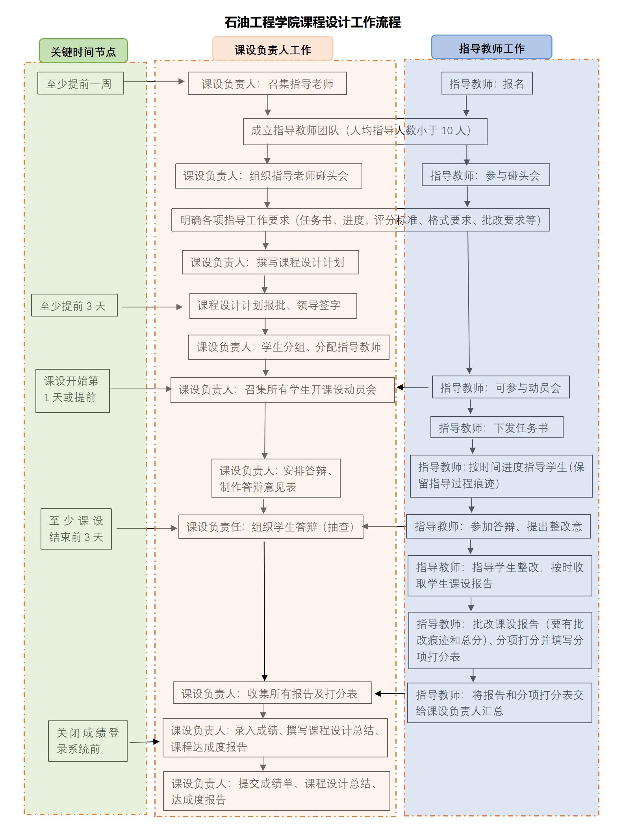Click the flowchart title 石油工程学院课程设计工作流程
(x=313, y=22)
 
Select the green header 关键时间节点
(x=83, y=51)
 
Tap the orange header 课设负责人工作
(x=273, y=49)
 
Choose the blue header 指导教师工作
(x=491, y=48)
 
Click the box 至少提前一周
(x=80, y=83)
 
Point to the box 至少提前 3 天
(x=74, y=305)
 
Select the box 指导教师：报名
(x=486, y=83)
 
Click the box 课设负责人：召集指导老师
(x=267, y=83)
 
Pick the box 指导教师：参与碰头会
(x=486, y=175)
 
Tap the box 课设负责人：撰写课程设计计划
(x=270, y=262)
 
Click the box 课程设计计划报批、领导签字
(x=273, y=306)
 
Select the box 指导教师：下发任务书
(x=497, y=428)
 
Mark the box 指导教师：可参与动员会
(x=501, y=387)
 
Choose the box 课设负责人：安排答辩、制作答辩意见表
(x=276, y=478)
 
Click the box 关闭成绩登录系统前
(x=87, y=741)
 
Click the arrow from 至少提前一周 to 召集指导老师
(x=154, y=81)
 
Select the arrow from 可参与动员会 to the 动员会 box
(x=412, y=387)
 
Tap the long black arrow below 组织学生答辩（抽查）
(x=264, y=610)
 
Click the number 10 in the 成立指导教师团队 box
(x=447, y=131)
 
